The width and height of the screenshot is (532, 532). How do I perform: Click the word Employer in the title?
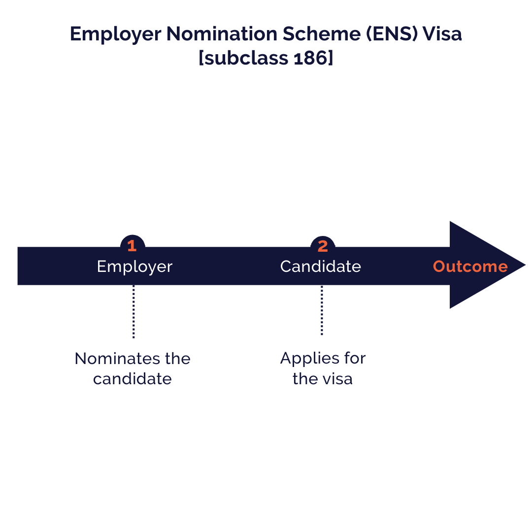click(115, 34)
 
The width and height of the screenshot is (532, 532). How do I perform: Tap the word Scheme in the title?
click(321, 34)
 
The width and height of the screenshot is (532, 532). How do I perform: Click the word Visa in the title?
click(442, 34)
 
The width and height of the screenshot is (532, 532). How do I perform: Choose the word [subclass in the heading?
click(243, 58)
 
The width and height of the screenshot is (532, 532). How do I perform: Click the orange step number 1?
click(132, 246)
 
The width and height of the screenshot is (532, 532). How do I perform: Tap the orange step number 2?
click(323, 246)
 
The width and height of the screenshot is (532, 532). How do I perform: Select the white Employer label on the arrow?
click(134, 267)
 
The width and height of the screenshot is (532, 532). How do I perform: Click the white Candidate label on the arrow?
click(321, 266)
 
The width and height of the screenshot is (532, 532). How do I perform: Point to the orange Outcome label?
click(470, 266)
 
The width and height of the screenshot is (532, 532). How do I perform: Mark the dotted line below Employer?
click(133, 311)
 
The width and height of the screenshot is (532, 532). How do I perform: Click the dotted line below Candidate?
click(322, 310)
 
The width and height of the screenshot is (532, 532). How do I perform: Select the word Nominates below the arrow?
click(118, 359)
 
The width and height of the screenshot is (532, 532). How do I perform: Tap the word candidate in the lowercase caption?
click(133, 379)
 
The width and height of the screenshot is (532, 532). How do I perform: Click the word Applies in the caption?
click(310, 359)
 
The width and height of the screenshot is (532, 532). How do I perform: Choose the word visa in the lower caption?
click(337, 379)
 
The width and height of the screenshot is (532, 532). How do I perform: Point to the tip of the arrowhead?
click(525, 265)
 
